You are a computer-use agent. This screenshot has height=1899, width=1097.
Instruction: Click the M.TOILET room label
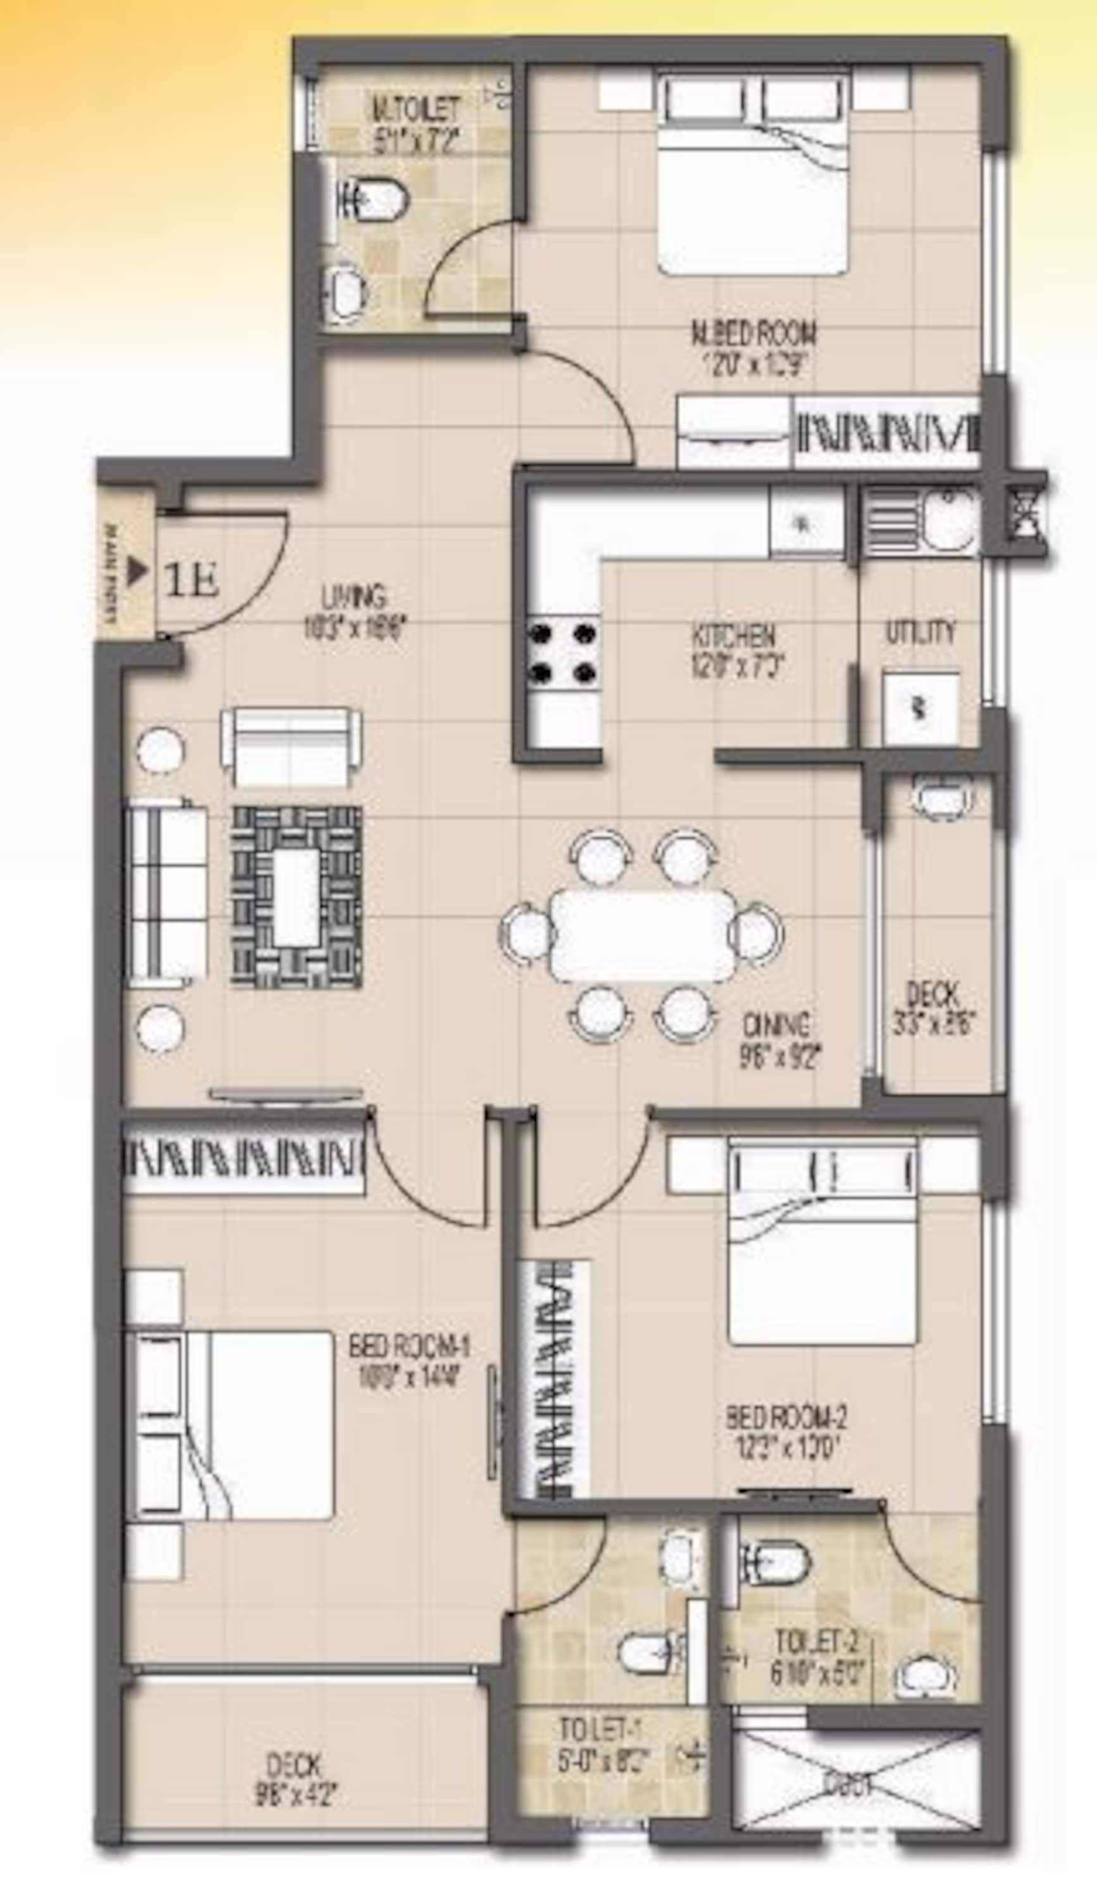(x=415, y=110)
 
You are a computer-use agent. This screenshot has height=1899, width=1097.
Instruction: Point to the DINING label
(x=777, y=1024)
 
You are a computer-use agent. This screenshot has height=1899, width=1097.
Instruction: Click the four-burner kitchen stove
(x=563, y=651)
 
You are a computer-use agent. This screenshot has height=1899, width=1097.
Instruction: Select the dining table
(x=643, y=935)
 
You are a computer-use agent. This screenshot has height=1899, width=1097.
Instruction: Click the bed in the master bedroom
(x=754, y=177)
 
